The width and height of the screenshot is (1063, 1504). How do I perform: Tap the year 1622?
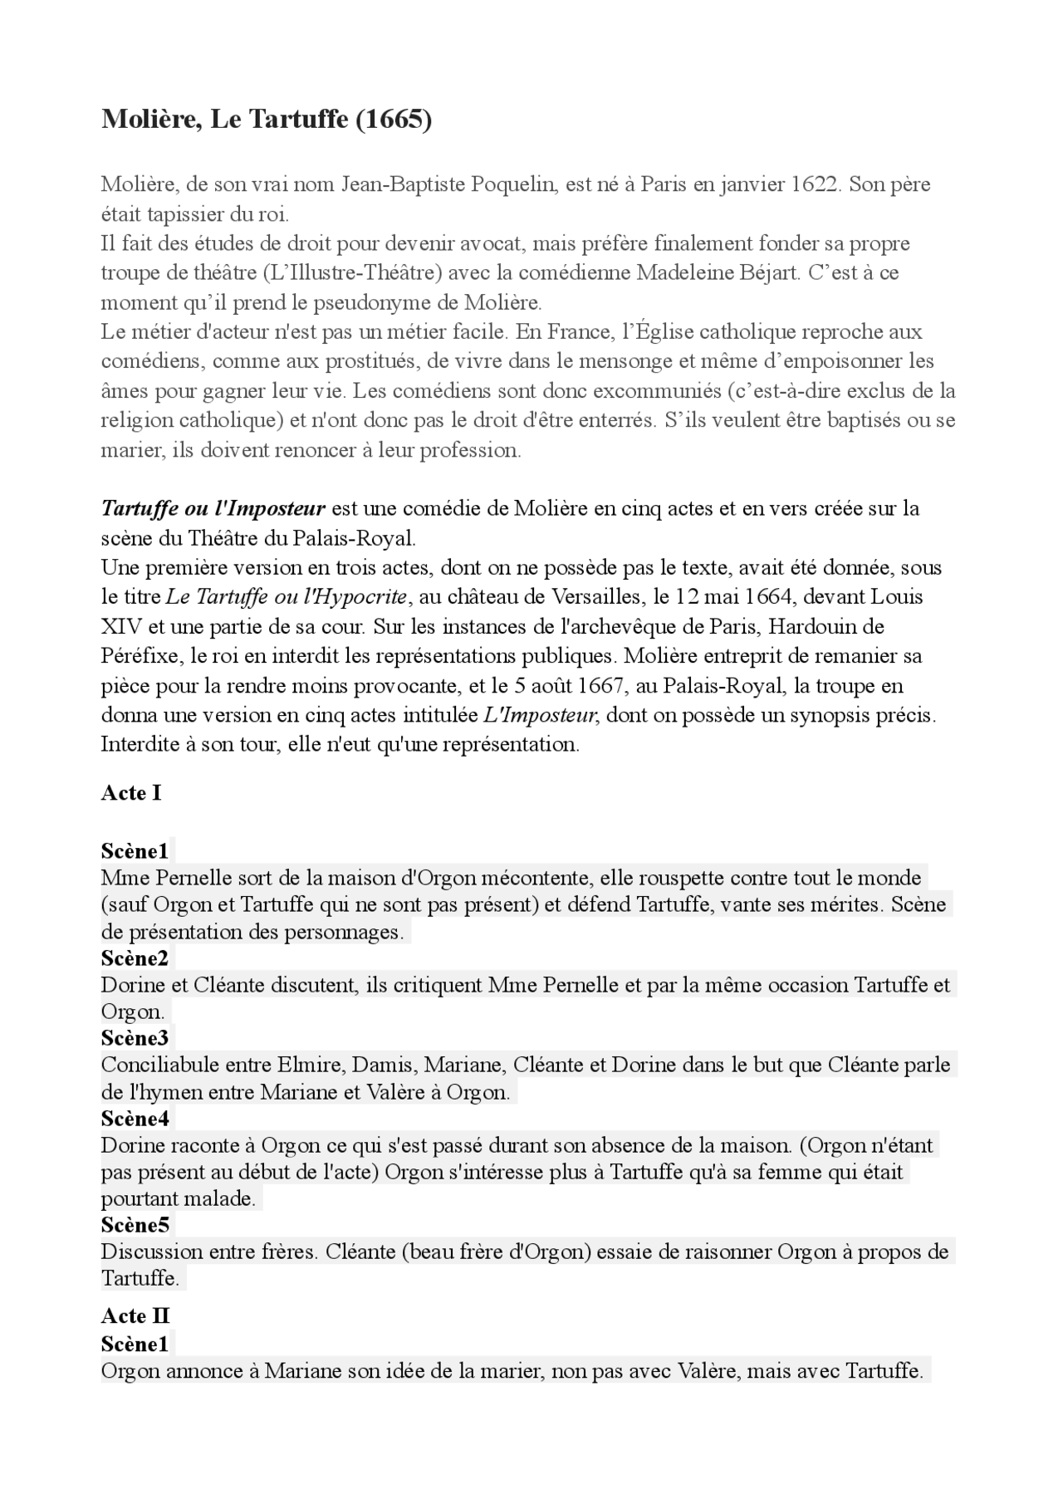[814, 184]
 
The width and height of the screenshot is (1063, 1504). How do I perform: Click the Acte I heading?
[131, 793]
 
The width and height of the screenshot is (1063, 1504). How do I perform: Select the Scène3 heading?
[135, 1038]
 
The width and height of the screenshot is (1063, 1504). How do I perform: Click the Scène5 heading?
[135, 1225]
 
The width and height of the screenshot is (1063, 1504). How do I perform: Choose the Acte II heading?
[135, 1316]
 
